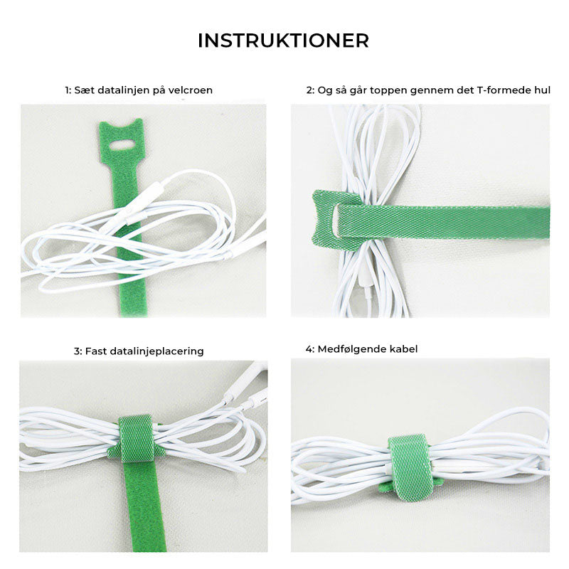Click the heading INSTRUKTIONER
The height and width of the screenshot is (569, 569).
[x=283, y=41]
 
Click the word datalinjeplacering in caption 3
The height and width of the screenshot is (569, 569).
[x=156, y=351]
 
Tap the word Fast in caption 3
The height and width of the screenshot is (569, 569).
[x=96, y=351]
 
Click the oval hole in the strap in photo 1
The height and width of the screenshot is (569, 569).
[x=122, y=145]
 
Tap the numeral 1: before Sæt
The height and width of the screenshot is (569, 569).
[x=68, y=90]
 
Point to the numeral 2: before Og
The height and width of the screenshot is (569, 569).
[x=310, y=90]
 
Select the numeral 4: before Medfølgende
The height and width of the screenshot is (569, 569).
[x=309, y=349]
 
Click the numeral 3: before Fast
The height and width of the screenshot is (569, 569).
[x=78, y=351]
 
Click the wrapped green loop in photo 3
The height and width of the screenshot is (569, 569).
[x=137, y=438]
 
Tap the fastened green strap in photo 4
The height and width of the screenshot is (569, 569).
[x=410, y=466]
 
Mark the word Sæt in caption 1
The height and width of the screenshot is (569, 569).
[x=84, y=90]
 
